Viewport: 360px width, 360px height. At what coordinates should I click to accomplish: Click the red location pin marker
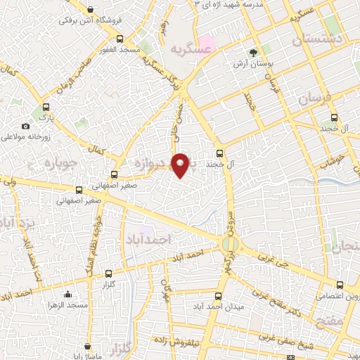[181, 164]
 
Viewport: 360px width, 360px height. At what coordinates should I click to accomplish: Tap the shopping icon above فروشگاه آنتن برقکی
[89, 9]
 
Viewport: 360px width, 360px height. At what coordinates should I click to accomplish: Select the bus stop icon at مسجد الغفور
[119, 38]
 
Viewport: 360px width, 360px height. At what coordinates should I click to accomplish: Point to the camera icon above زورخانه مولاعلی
[26, 126]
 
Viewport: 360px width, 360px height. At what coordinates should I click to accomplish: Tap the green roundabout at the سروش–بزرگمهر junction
[230, 245]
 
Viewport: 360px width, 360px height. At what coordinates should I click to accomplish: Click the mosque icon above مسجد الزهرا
[67, 294]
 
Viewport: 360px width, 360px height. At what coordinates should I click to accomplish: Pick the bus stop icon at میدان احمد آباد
[218, 296]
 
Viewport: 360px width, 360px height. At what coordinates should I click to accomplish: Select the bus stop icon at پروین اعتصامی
[340, 285]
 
